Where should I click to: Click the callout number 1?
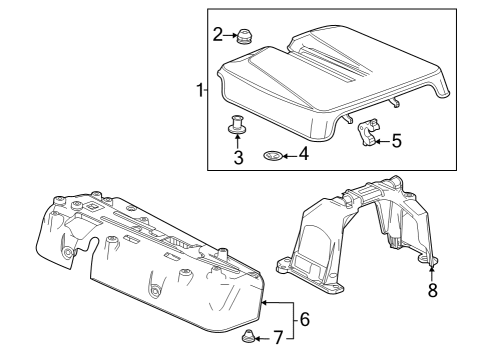pos(200,91)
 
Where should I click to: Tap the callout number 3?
pos(239,156)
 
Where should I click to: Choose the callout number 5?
pos(397,141)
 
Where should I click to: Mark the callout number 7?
pos(278,339)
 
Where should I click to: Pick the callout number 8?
pos(432,291)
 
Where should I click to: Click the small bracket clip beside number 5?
pos(369,133)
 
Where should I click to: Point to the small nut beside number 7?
pos(248,337)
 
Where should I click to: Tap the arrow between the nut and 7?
pos(264,339)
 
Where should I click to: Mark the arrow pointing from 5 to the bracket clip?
pos(384,140)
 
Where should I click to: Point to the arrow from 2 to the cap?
pos(229,36)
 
